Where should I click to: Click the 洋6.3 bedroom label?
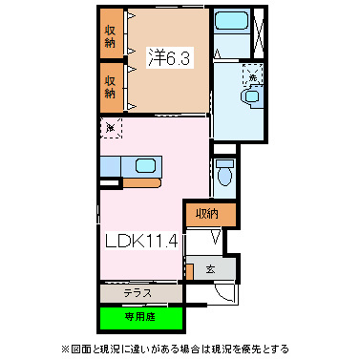click(x=170, y=57)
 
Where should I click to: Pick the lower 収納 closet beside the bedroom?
click(x=111, y=84)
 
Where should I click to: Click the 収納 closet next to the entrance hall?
click(x=211, y=214)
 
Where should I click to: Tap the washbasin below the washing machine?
click(x=251, y=96)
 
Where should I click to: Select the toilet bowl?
click(x=223, y=171)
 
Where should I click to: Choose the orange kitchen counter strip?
click(x=143, y=180)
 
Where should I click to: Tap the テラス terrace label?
click(x=139, y=293)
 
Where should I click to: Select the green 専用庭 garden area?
click(x=139, y=315)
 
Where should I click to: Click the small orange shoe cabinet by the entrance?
click(x=190, y=271)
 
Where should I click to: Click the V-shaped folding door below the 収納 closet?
click(x=215, y=239)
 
